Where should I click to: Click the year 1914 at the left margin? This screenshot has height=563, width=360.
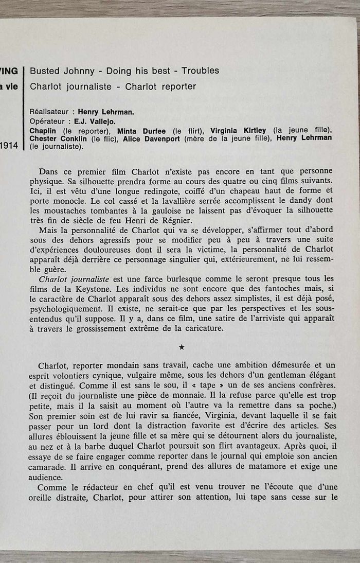click(x=9, y=146)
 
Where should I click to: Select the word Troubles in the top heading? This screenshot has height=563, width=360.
click(x=201, y=71)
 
